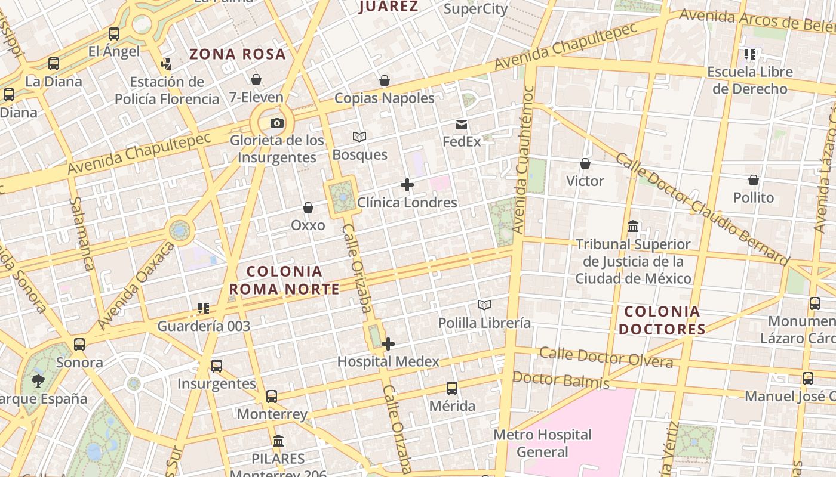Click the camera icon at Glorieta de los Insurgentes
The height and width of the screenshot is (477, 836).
coord(276,123)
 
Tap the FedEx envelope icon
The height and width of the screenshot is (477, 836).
coord(462,125)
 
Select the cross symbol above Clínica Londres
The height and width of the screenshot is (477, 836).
coord(407,185)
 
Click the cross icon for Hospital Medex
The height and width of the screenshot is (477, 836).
coord(388,344)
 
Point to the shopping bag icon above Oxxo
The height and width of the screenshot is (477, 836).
coord(308,207)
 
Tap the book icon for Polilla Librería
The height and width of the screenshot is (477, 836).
coord(484,305)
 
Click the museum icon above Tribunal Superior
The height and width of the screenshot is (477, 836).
coord(633,227)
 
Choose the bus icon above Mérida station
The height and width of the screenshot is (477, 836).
coord(452,388)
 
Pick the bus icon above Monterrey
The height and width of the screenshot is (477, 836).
coord(272,396)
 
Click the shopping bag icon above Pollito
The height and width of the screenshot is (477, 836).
coord(754,180)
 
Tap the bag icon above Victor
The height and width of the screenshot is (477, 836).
coord(585,163)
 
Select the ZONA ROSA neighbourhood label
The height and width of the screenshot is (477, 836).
coord(238,54)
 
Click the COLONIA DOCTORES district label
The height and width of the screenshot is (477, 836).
coord(662,320)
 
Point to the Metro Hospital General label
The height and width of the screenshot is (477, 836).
coord(543,443)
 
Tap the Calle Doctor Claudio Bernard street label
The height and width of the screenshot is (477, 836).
coord(702,209)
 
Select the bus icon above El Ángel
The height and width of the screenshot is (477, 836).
coord(114,34)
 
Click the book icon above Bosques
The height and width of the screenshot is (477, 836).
coord(359,137)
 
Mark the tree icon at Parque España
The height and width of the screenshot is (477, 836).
coord(39,381)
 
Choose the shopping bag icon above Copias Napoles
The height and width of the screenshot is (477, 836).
coord(385,80)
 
